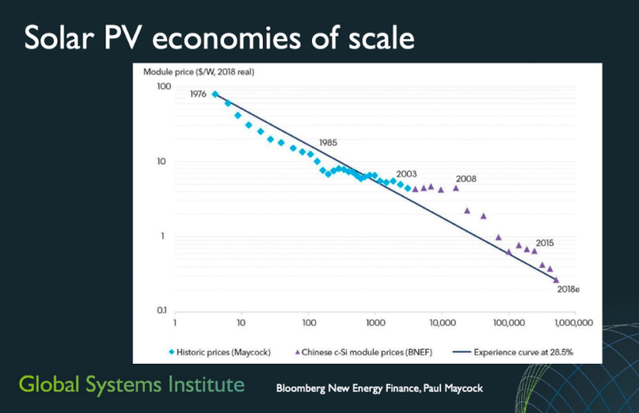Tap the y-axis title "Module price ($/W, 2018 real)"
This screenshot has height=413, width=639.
[198, 72]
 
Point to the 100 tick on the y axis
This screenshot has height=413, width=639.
[164, 87]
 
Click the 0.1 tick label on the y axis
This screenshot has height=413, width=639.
[164, 310]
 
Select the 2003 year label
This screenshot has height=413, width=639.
[407, 173]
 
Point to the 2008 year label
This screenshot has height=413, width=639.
[466, 178]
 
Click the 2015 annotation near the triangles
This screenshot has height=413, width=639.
[545, 242]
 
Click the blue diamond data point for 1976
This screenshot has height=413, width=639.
[215, 95]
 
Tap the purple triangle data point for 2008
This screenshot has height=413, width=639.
[455, 188]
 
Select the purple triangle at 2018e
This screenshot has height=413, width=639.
[556, 279]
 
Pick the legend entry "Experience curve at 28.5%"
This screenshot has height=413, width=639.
[515, 351]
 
